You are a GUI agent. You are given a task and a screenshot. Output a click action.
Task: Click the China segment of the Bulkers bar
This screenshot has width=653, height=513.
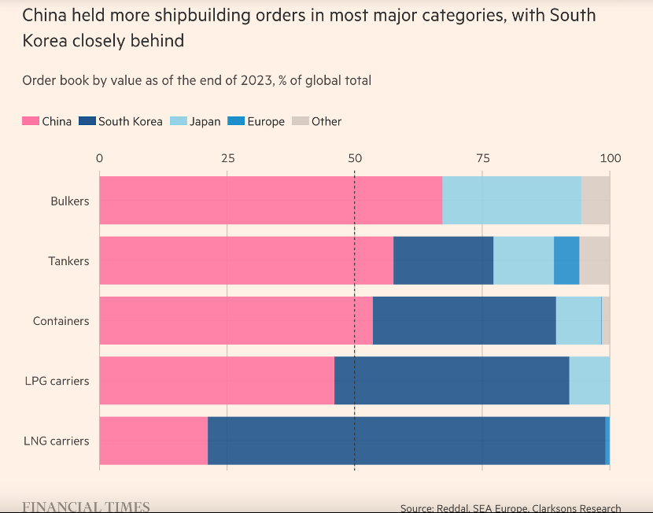tap(271, 201)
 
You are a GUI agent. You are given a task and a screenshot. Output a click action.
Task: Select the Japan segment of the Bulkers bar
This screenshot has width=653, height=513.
tap(511, 201)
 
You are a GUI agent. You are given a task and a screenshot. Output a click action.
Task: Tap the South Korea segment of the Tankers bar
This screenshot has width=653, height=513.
tap(443, 260)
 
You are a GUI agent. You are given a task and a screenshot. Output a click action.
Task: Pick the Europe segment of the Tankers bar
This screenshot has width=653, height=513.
tap(566, 260)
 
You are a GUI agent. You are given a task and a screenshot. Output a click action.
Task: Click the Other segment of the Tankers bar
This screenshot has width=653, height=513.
tap(594, 260)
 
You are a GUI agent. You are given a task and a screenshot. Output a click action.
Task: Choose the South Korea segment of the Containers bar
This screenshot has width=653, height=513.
tap(464, 320)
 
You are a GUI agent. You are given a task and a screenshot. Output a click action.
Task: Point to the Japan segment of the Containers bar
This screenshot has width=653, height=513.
tap(578, 320)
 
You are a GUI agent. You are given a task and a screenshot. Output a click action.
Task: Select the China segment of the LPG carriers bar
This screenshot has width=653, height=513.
tap(216, 381)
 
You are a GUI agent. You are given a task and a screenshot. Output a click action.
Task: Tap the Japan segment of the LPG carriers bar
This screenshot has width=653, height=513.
tap(589, 381)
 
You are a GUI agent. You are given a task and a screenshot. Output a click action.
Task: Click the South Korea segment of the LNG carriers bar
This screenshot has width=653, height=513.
tap(406, 441)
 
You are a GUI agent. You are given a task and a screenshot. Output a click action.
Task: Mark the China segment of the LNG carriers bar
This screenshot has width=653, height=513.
tap(153, 441)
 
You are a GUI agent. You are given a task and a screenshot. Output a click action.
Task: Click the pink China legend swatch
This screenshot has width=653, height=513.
tap(30, 121)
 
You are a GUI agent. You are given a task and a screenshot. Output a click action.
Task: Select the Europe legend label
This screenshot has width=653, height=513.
tap(266, 121)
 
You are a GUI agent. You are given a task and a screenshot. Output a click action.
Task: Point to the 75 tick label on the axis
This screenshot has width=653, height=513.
tap(482, 158)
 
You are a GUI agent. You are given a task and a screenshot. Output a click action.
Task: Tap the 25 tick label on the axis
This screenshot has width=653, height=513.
tap(227, 158)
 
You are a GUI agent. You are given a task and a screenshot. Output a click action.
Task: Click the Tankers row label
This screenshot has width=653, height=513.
tap(69, 261)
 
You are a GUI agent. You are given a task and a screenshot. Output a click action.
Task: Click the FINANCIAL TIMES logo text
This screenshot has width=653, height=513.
tap(86, 507)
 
